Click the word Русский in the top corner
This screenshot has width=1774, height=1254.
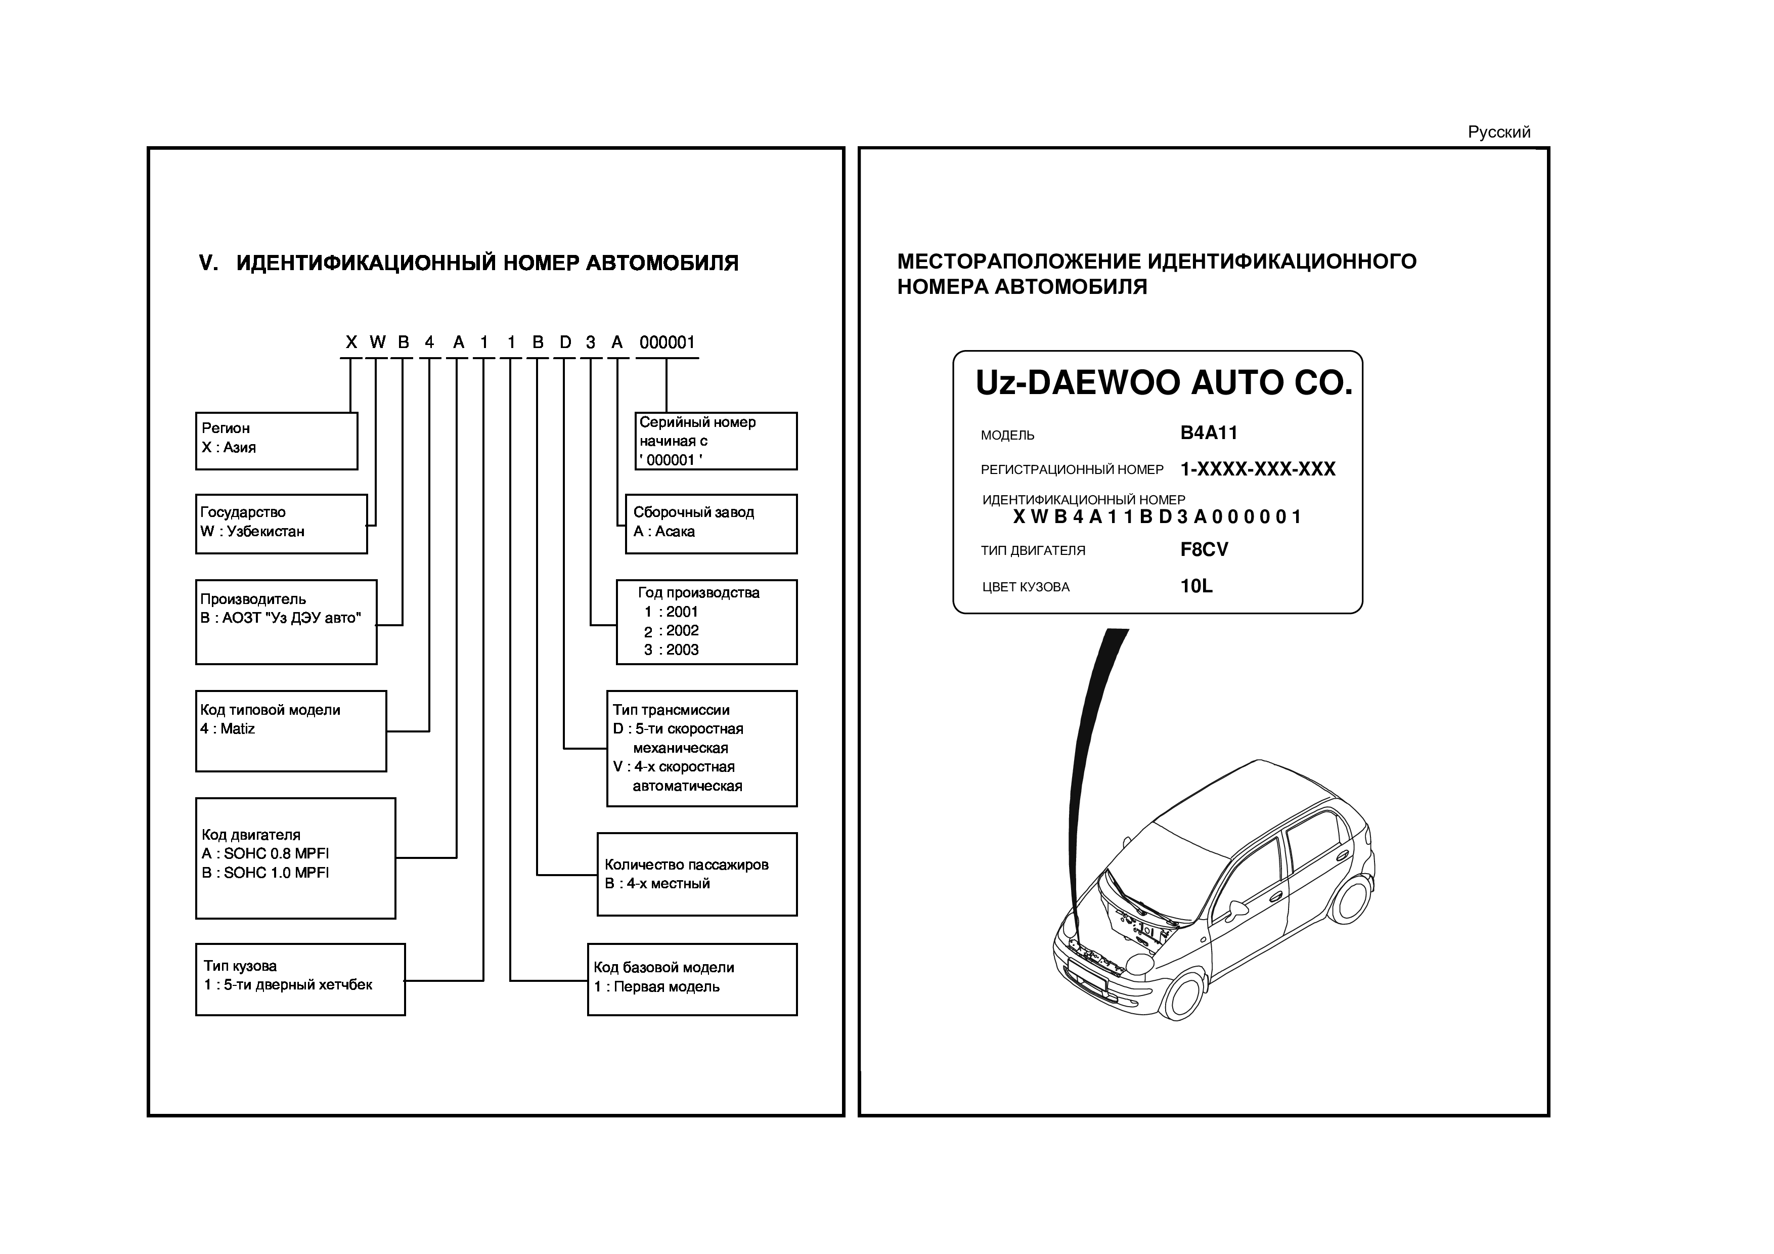1498,132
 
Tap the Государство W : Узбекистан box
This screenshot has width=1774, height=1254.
281,523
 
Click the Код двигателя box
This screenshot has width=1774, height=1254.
295,857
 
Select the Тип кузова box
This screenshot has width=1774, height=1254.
300,979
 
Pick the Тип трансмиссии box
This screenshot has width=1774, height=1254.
701,748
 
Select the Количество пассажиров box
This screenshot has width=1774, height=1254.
697,874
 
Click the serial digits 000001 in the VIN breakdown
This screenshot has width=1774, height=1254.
668,342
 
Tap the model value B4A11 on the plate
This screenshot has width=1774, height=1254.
1209,433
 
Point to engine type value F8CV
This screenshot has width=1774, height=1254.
1204,549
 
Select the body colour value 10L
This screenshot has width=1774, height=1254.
1196,586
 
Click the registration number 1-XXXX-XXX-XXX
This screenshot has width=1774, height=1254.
1257,469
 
